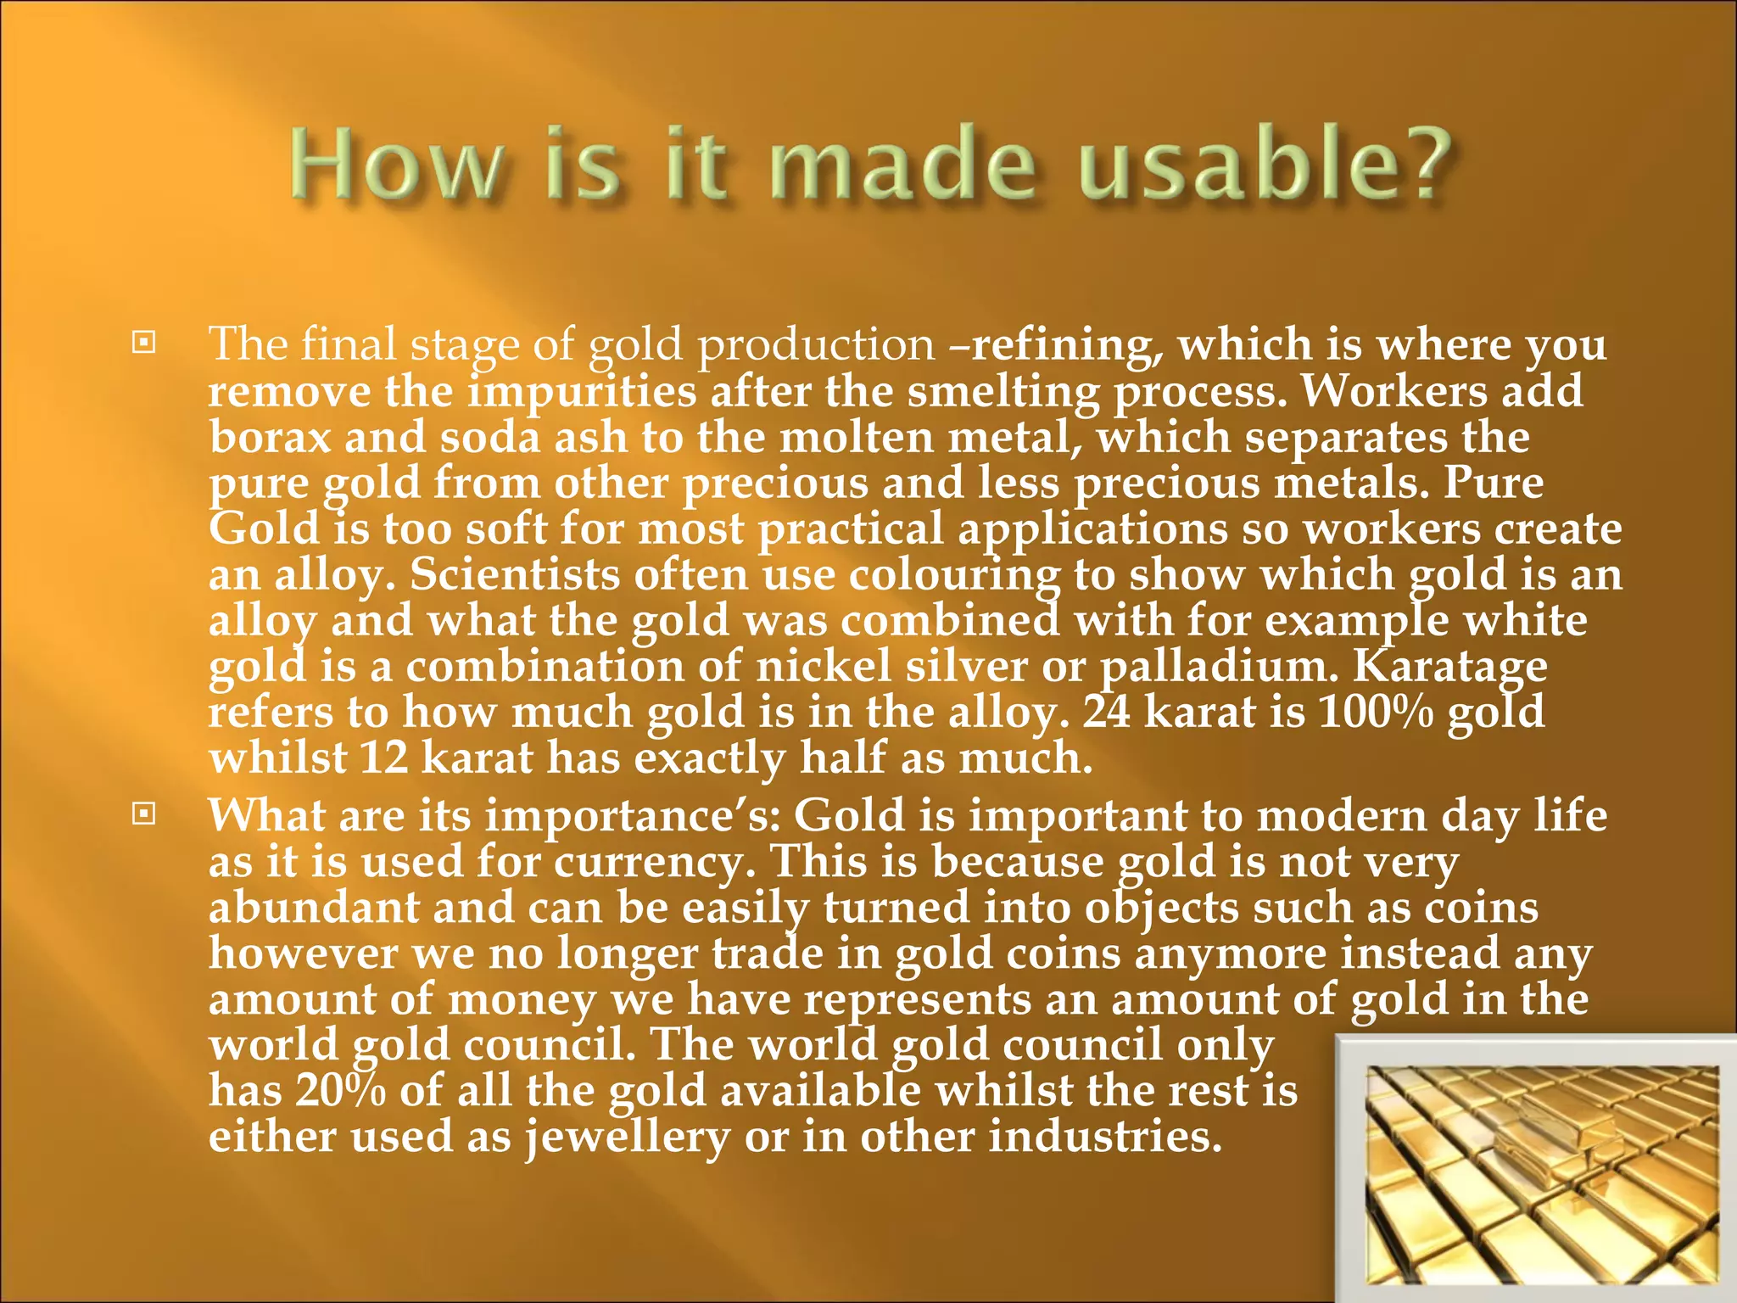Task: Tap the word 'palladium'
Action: (1218, 667)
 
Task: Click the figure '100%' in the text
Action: (1375, 713)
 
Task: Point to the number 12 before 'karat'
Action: (384, 758)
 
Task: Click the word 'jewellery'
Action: (627, 1137)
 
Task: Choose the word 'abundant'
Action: (314, 908)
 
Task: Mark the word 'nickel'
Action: (823, 667)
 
